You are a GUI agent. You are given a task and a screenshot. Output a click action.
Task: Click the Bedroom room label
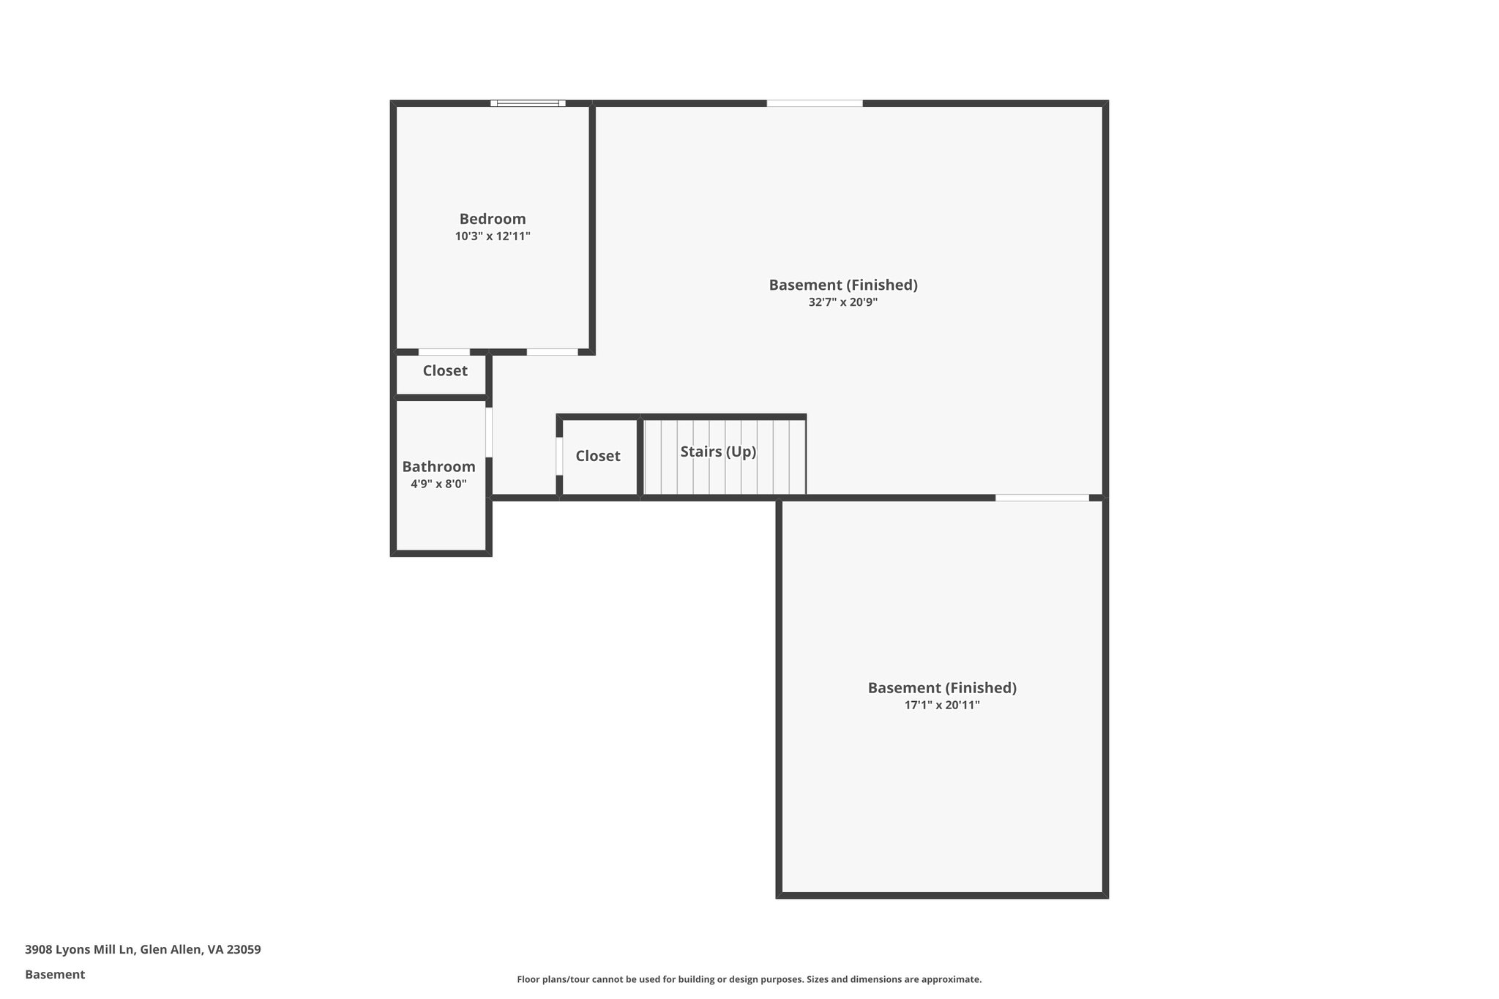point(492,219)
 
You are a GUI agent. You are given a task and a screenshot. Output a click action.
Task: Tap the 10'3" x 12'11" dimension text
point(492,236)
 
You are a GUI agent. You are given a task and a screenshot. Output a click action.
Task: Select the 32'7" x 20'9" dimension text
point(842,302)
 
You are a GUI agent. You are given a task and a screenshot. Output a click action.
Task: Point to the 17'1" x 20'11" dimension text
point(942,706)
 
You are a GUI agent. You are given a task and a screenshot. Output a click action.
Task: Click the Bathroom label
point(438,467)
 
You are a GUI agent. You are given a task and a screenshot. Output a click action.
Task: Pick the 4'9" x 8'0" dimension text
point(438,484)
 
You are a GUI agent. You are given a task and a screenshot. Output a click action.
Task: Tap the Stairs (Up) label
point(718,452)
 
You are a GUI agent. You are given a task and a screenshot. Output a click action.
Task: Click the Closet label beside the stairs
point(597,456)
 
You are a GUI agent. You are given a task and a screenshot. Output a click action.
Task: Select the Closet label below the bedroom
point(444,371)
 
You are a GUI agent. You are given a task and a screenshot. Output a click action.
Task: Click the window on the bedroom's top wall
point(528,103)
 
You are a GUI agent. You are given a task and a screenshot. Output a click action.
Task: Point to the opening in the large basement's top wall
point(814,103)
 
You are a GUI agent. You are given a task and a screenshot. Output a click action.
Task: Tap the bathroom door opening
point(489,432)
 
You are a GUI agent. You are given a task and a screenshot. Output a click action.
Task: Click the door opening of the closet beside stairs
point(559,456)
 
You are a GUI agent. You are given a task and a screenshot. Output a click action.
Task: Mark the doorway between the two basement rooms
point(1042,498)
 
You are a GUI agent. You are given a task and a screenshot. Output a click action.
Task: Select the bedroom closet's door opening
point(444,352)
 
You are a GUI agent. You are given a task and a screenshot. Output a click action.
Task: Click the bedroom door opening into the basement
point(552,352)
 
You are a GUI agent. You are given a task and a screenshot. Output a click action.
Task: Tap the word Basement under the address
point(55,974)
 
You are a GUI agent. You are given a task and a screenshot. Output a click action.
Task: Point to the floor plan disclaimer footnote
point(749,979)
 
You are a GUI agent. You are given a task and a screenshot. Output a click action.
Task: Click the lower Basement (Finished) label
point(942,688)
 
